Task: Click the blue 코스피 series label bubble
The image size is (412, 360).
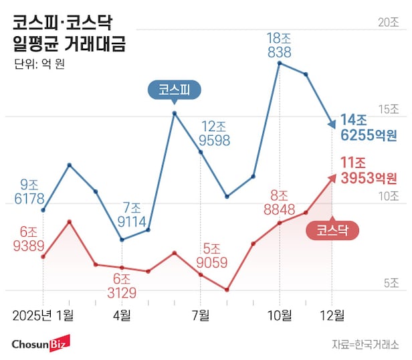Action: click(175, 90)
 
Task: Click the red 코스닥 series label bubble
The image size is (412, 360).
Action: click(332, 230)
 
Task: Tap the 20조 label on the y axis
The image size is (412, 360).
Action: click(388, 22)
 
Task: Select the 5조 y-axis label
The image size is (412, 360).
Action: click(391, 284)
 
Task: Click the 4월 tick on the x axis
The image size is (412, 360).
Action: click(122, 314)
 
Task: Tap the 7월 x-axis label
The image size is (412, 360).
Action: click(201, 314)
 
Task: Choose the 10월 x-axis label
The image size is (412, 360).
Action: click(280, 314)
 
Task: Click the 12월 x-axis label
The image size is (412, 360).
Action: click(332, 314)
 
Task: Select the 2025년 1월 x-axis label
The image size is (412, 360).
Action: click(43, 314)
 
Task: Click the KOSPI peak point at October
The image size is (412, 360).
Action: click(280, 63)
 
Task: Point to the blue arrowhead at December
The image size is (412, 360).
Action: click(331, 124)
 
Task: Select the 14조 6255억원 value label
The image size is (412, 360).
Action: click(368, 127)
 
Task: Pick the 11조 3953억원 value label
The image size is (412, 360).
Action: click(368, 170)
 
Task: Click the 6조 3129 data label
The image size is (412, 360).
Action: click(121, 286)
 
